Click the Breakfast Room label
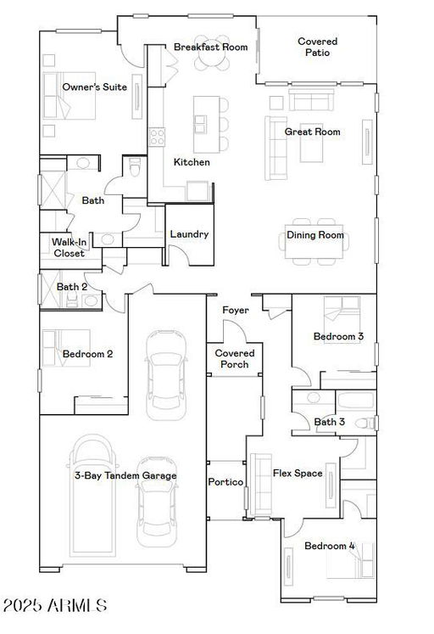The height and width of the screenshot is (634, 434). coord(210,47)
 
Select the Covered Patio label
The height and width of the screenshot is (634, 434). coord(317,47)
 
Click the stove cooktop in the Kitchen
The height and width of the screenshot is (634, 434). coord(157,137)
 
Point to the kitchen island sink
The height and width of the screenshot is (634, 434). coord(201,124)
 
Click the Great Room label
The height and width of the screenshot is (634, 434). coord(312,132)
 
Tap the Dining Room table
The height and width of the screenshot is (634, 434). coord(314,241)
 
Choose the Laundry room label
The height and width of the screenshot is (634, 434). coord(189,234)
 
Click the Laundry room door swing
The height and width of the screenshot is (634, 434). coord(178,254)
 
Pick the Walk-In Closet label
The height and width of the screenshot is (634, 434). coord(69,248)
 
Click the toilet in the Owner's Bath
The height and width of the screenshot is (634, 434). coord(135,167)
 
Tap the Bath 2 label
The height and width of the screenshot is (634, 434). coord(72,287)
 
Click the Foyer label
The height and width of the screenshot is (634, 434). coord(236,310)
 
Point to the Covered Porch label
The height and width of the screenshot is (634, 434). coord(235,359)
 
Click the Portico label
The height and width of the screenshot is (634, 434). coord(225,482)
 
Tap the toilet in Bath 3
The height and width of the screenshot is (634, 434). coord(366,424)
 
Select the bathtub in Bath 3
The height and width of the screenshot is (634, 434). coord(356,400)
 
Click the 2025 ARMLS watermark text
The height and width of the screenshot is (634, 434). coord(55,606)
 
